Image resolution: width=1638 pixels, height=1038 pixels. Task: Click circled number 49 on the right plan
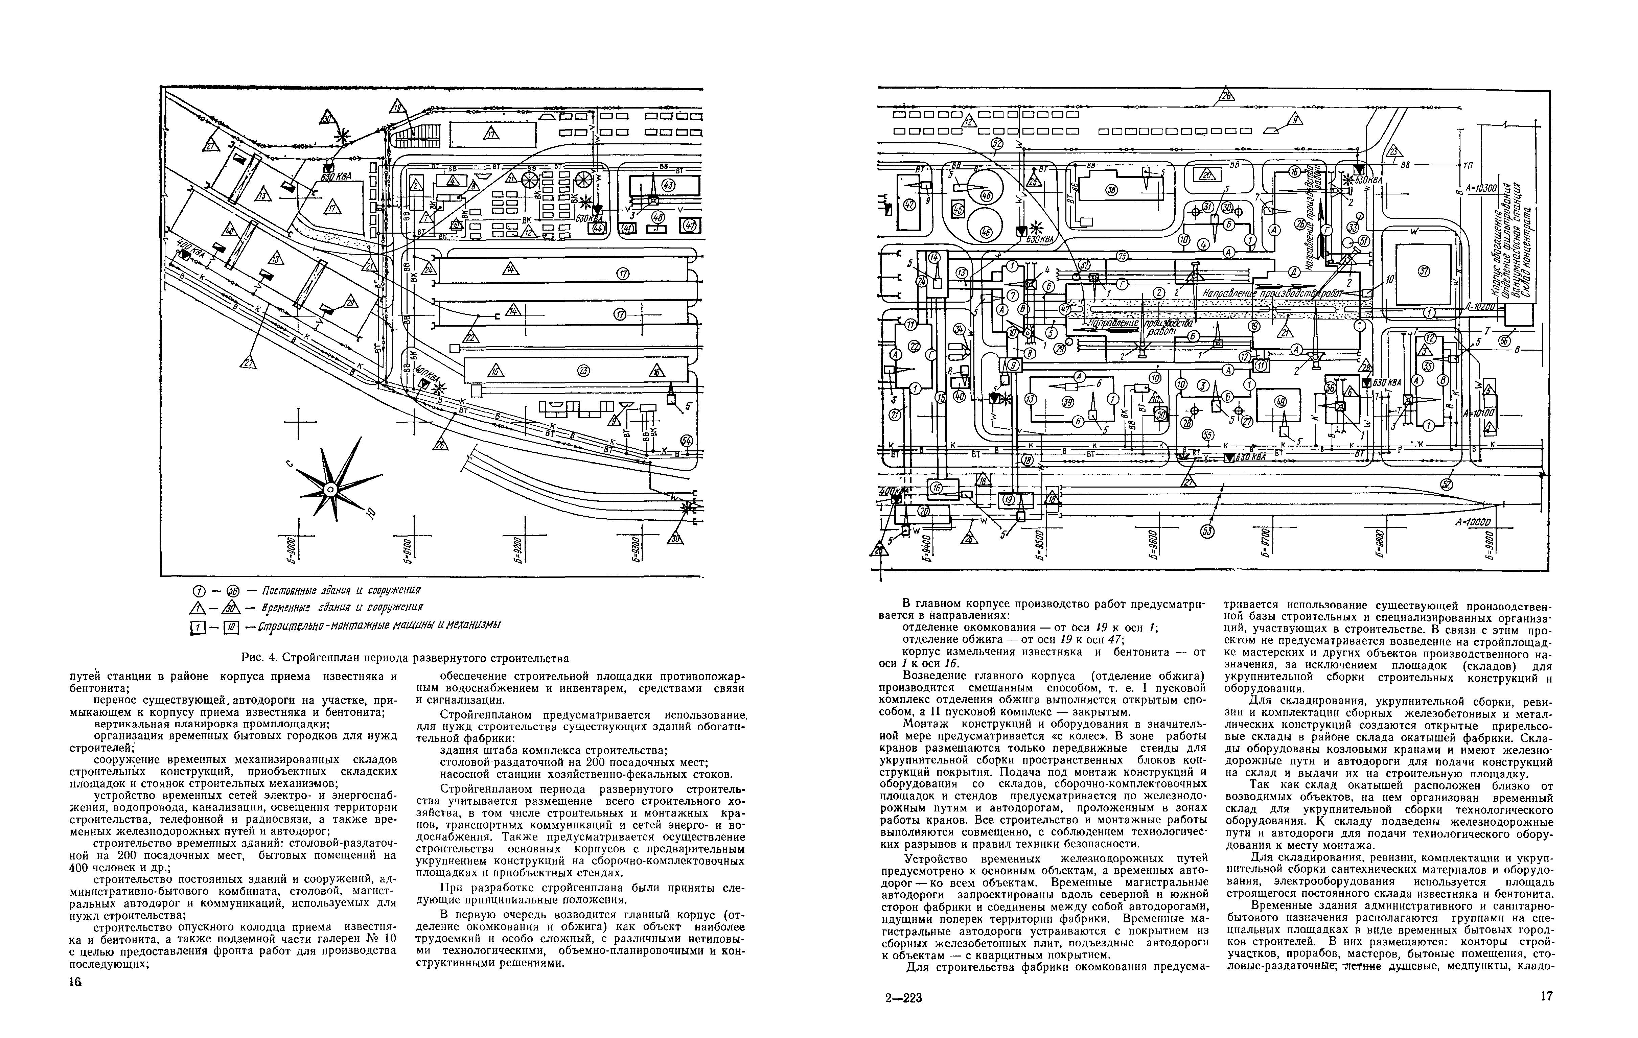pos(1282,401)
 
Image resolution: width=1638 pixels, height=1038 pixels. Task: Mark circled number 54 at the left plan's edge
pos(686,442)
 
